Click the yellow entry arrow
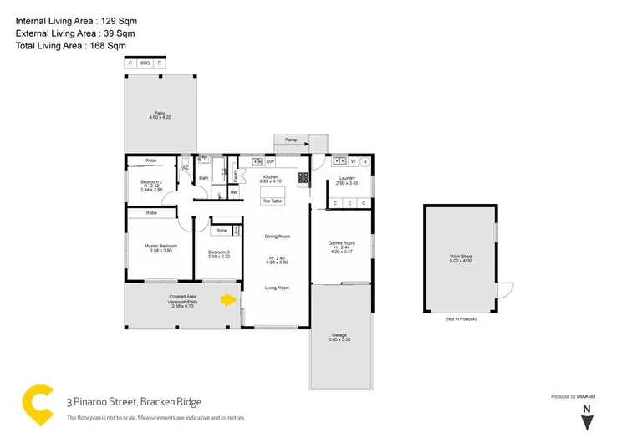pos(227,299)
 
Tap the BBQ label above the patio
pos(145,63)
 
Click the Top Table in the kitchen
pos(273,201)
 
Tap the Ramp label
pos(291,140)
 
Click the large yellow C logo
pos(38,407)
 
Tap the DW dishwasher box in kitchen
pos(270,161)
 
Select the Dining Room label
pos(277,237)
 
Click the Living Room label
pos(277,288)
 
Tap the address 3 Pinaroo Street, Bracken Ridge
pos(134,402)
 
